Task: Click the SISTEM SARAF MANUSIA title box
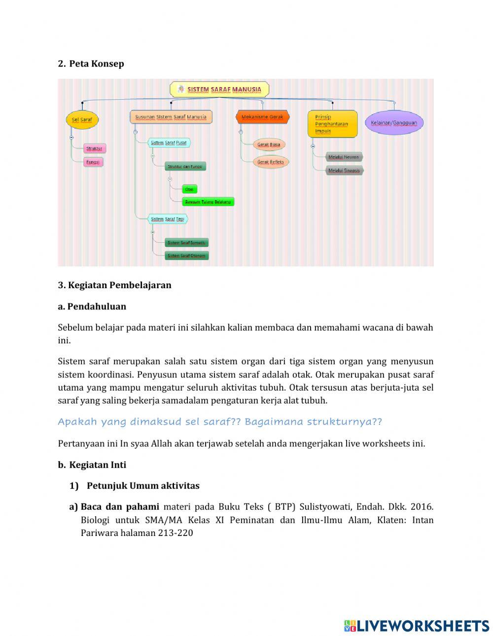click(x=219, y=89)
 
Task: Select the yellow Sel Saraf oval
click(x=82, y=120)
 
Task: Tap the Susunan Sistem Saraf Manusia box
click(x=171, y=117)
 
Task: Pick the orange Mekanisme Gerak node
click(x=262, y=117)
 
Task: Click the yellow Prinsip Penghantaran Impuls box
click(x=332, y=124)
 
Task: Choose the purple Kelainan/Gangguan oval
click(x=394, y=123)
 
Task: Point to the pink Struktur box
click(x=94, y=148)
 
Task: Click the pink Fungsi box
click(x=93, y=162)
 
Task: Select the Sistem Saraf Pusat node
click(x=169, y=143)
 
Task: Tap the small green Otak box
click(x=189, y=189)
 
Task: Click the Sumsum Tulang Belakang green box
click(x=208, y=202)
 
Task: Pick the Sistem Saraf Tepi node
click(x=168, y=219)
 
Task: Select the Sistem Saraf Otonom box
click(x=186, y=256)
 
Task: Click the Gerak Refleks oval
click(x=271, y=162)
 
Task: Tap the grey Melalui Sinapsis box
click(x=344, y=170)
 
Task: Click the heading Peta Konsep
click(x=96, y=64)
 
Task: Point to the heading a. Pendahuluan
click(x=92, y=306)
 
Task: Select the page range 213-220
click(x=176, y=533)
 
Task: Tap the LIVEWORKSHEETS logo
click(x=417, y=626)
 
